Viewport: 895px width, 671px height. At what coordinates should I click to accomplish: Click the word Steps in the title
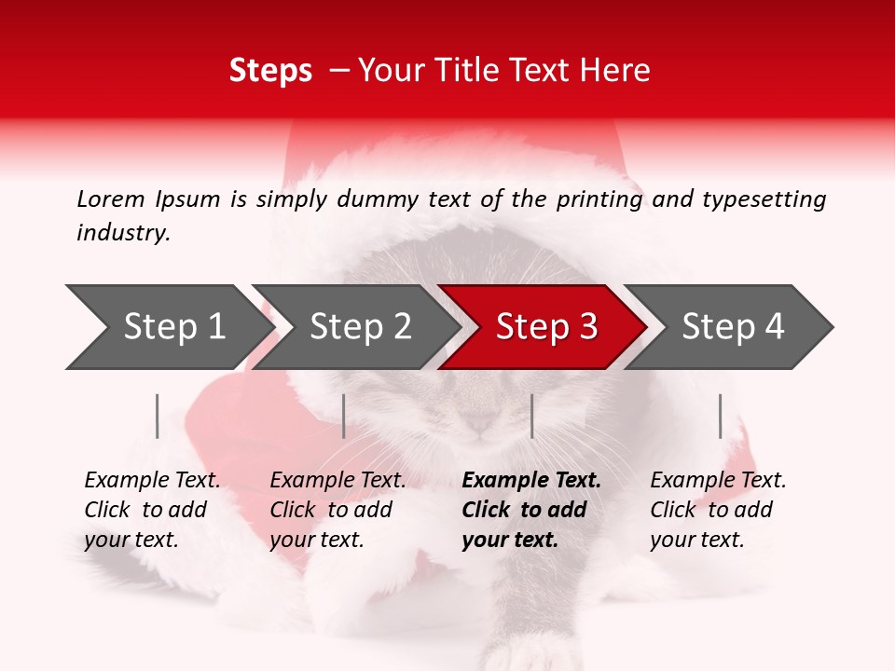tap(270, 71)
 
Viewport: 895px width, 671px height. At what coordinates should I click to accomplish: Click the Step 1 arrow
tap(168, 326)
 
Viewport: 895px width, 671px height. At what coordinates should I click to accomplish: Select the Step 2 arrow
tap(359, 326)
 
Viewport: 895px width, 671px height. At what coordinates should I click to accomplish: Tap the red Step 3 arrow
tap(545, 326)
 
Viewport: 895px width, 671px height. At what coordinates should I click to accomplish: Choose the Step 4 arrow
tap(732, 326)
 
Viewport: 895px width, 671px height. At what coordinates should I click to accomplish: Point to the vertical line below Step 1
tap(158, 416)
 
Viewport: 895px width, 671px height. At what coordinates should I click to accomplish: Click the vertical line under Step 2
tap(344, 416)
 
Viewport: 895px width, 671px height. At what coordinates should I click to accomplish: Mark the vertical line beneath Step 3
tap(531, 416)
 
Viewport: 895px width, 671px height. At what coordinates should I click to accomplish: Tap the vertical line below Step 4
tap(720, 416)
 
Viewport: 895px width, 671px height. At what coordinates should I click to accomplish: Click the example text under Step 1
tap(151, 510)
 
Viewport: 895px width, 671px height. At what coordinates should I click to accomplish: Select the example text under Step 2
tap(337, 510)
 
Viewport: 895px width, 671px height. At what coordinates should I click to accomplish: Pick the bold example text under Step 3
tap(530, 510)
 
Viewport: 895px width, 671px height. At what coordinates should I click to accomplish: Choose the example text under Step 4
tap(717, 510)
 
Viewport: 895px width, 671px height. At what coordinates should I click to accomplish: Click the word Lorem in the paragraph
tap(111, 199)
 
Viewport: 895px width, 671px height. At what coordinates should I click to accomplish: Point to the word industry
tap(123, 233)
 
